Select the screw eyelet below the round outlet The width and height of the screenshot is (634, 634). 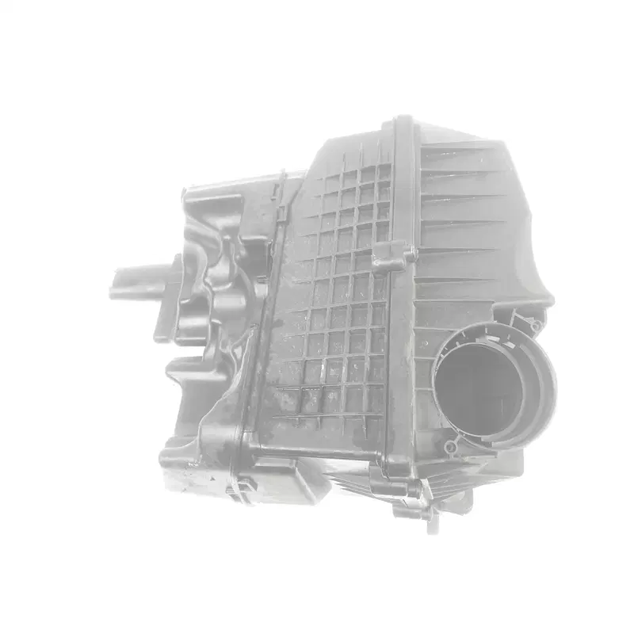pos(450,448)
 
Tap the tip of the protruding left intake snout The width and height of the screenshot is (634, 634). pos(119,281)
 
